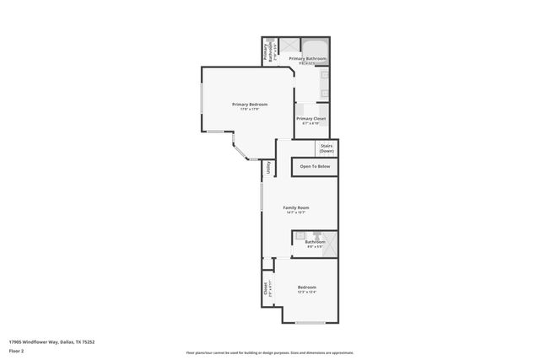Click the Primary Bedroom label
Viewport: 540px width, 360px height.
(x=250, y=104)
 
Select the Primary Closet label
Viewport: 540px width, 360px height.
(x=310, y=119)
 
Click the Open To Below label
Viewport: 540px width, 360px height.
(x=315, y=167)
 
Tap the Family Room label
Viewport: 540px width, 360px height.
(x=295, y=207)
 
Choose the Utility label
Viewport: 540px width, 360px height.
(x=269, y=167)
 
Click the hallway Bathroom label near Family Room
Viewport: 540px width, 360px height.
(x=315, y=242)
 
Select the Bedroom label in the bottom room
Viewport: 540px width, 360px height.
(x=306, y=287)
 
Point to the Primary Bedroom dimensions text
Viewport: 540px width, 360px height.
(x=250, y=109)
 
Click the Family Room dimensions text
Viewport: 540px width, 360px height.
(x=295, y=212)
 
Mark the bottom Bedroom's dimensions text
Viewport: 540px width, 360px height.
(x=306, y=293)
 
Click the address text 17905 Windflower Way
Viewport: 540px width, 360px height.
(x=51, y=341)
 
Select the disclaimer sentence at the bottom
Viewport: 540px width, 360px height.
(x=269, y=352)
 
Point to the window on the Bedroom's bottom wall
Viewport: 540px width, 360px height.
(x=310, y=323)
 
